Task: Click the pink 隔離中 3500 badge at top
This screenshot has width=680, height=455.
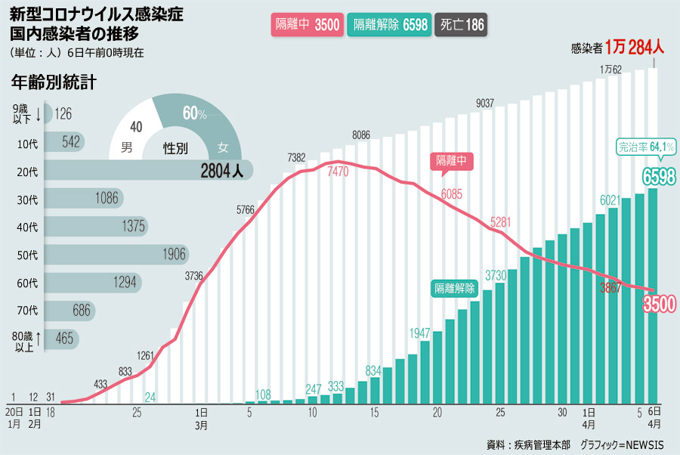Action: coord(308,25)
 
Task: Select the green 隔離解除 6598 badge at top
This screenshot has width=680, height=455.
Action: coord(390,25)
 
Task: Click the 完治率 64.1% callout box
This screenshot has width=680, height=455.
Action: coord(645,147)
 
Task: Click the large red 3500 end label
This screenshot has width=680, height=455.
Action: coord(658,303)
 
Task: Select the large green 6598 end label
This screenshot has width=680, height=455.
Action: coord(658,177)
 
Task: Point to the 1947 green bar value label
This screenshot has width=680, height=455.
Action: coord(420,333)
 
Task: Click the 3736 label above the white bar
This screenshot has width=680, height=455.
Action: coord(194,277)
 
